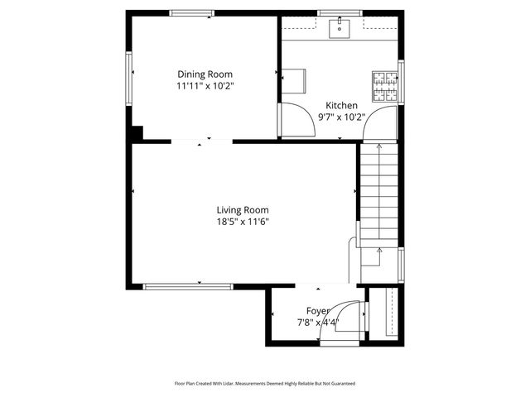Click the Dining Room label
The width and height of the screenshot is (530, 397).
point(204,74)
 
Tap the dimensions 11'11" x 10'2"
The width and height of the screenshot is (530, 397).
point(204,85)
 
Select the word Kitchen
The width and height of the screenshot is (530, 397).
point(341,106)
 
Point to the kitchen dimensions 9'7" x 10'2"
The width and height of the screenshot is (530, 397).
point(341,117)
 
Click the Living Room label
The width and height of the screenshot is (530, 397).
point(243,210)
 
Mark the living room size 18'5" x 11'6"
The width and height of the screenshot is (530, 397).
point(243,222)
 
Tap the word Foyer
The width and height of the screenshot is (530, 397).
point(318,311)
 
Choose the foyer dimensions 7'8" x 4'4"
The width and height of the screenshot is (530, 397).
point(318,323)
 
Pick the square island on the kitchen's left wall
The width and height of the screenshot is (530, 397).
point(296,80)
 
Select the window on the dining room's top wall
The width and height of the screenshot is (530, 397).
point(192,12)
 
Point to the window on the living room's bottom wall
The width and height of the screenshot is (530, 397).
point(188,286)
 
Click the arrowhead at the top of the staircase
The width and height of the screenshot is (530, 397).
point(378,147)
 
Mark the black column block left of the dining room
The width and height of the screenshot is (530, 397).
point(137,132)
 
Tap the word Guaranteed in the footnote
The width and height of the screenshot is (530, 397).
point(341,384)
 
